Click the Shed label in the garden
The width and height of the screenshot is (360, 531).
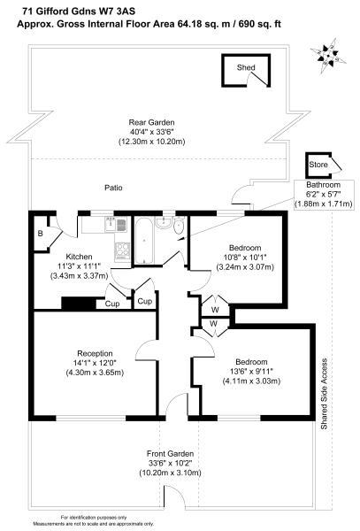click(246, 67)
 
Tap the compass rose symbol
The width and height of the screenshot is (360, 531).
click(327, 56)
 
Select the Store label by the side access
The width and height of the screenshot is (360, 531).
click(318, 165)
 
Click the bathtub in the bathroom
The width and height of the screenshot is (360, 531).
click(145, 241)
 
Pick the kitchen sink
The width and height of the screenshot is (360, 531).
click(116, 224)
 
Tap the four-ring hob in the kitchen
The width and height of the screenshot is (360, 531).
click(122, 251)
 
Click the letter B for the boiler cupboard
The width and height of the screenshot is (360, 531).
click(40, 234)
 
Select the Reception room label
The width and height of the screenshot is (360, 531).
click(95, 353)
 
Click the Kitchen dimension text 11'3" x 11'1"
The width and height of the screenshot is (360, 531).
click(79, 266)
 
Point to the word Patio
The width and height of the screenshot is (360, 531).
click(113, 188)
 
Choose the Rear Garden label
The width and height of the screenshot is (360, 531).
click(151, 122)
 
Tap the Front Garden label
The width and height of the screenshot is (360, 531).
click(170, 454)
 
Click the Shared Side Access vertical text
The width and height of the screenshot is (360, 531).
click(324, 394)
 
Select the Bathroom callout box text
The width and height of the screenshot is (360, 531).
click(324, 195)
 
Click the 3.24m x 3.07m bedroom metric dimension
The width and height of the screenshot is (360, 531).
click(245, 267)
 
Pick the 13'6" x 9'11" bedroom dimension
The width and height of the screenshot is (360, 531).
click(251, 372)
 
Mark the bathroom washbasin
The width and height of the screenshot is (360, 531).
click(165, 223)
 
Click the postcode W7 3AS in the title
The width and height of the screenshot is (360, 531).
click(117, 12)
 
